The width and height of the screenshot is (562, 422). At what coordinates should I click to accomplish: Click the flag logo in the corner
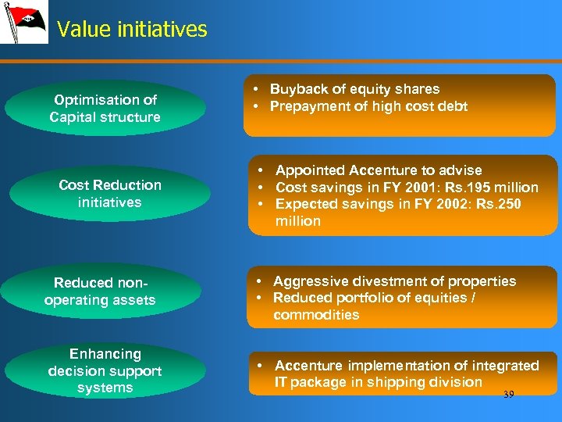click(x=23, y=22)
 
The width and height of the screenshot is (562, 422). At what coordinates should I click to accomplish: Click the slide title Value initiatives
click(x=132, y=30)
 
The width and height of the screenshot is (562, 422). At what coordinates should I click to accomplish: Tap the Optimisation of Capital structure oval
click(x=105, y=109)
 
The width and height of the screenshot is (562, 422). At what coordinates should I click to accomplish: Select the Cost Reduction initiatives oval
click(x=110, y=194)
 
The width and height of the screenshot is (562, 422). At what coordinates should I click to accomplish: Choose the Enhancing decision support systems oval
click(x=105, y=370)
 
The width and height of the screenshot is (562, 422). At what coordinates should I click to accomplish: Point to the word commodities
click(x=316, y=315)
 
